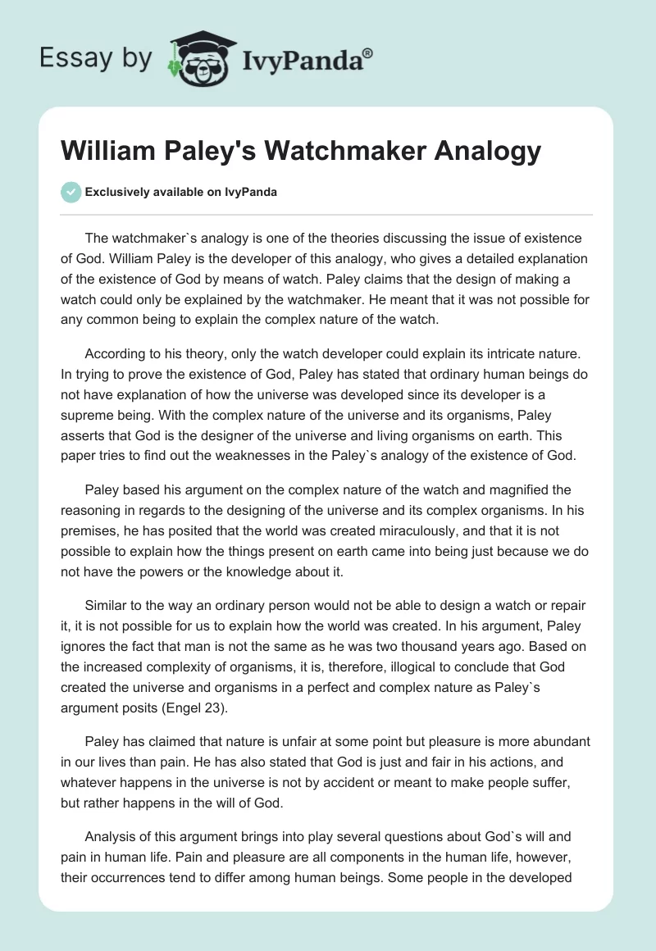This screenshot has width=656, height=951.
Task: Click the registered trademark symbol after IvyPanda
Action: pyautogui.click(x=368, y=52)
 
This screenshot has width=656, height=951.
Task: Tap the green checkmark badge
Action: pyautogui.click(x=71, y=193)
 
